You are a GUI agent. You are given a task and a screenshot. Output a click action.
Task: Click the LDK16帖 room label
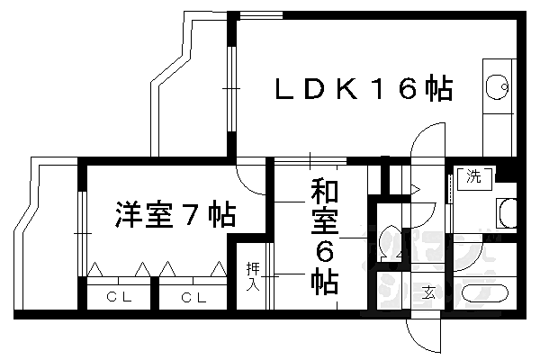(363, 90)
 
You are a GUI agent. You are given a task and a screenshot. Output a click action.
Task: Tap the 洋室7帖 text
(175, 216)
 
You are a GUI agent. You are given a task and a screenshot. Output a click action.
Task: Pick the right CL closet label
(190, 297)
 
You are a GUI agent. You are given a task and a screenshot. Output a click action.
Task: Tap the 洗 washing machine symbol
(473, 177)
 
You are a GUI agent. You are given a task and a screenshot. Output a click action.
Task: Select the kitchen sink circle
(494, 88)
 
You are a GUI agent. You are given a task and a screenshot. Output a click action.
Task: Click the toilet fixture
(390, 240)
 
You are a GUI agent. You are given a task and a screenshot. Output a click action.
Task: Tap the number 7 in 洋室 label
(191, 216)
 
